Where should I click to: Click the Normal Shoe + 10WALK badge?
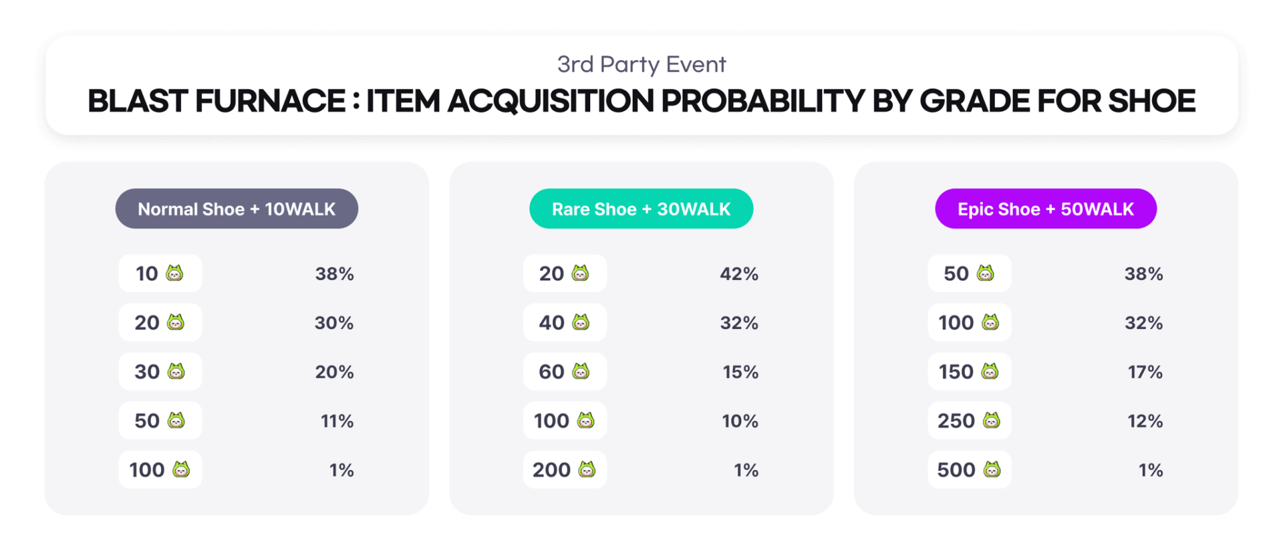pos(237,209)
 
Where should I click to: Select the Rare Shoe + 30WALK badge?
pos(641,209)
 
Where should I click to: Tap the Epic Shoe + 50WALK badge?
pos(1046,209)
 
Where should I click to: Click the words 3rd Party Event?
pos(641,64)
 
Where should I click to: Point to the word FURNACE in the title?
pos(271,101)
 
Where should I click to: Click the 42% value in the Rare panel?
pos(739,273)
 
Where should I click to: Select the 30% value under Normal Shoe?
pos(334,323)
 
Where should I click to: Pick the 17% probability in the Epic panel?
pos(1145,372)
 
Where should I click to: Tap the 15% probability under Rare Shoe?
pos(740,372)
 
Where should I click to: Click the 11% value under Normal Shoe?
pos(337,421)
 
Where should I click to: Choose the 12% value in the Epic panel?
pos(1145,421)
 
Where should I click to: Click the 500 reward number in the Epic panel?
pos(956,470)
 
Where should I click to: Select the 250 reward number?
pos(956,421)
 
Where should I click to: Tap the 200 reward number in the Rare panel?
pos(551,470)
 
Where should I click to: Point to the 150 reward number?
pos(956,372)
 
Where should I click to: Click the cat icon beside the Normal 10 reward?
pos(174,273)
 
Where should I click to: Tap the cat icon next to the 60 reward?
pos(581,371)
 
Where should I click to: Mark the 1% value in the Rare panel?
pos(746,470)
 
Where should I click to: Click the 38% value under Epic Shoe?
pos(1144,273)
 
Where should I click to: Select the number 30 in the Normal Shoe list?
pos(147,372)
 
